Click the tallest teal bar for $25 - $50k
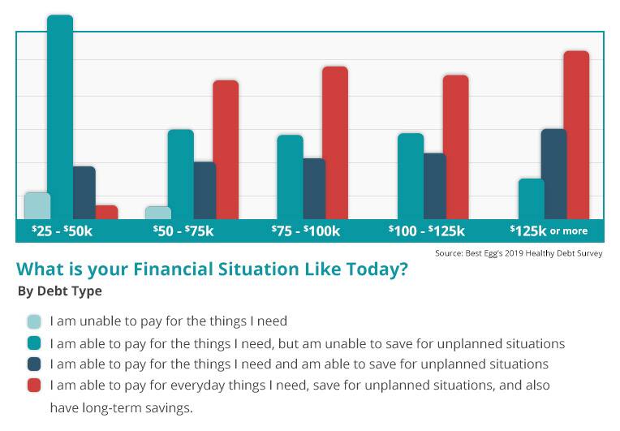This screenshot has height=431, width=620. click(x=60, y=118)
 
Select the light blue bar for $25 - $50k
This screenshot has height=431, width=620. click(x=37, y=206)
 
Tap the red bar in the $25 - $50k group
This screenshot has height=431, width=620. click(x=106, y=212)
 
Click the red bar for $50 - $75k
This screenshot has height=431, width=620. click(x=226, y=150)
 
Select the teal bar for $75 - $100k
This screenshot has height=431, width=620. click(x=290, y=177)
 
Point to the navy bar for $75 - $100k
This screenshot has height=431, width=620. click(x=313, y=188)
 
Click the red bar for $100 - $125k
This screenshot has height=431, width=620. click(x=455, y=147)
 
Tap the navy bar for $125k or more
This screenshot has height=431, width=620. click(x=554, y=174)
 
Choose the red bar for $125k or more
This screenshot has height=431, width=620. click(x=576, y=135)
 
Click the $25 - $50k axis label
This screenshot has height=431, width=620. click(x=62, y=231)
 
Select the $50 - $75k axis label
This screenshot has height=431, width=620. click(x=183, y=231)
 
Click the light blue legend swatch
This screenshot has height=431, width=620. click(x=34, y=321)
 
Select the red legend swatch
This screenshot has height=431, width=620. click(x=34, y=386)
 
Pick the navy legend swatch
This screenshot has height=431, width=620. click(x=34, y=364)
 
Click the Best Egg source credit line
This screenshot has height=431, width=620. click(x=519, y=253)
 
